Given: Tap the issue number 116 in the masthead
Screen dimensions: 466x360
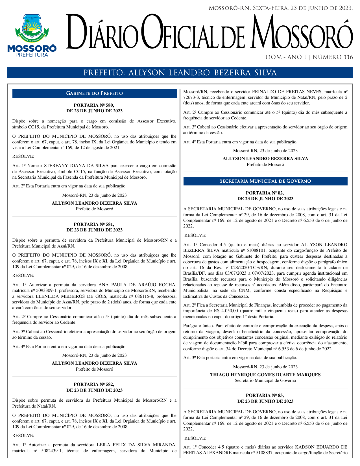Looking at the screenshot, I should click(x=348, y=57).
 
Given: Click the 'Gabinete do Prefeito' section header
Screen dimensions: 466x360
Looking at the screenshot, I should click(x=94, y=93).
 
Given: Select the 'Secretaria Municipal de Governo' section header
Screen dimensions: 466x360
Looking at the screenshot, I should click(x=265, y=181).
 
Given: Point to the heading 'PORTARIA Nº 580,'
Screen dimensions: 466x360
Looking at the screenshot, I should click(x=94, y=105).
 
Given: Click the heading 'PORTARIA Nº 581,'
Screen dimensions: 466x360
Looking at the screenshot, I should click(x=94, y=224).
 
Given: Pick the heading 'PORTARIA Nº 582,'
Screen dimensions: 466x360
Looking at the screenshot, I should click(x=94, y=384).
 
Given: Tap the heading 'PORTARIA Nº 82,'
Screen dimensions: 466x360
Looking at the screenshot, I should click(x=265, y=193).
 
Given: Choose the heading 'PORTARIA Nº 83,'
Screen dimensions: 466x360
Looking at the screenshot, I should click(x=265, y=395).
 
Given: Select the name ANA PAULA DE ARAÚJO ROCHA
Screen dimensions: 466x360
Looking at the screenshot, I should click(x=137, y=285).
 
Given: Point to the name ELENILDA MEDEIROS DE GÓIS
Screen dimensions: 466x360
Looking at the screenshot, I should click(x=71, y=296).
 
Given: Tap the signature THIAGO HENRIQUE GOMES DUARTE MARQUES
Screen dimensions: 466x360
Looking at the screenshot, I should click(x=265, y=375).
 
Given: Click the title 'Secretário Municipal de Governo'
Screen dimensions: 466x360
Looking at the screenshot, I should click(x=265, y=380).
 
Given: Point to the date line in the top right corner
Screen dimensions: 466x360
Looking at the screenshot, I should click(x=280, y=8).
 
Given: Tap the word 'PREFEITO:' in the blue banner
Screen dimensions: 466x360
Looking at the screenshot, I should click(x=104, y=73).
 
